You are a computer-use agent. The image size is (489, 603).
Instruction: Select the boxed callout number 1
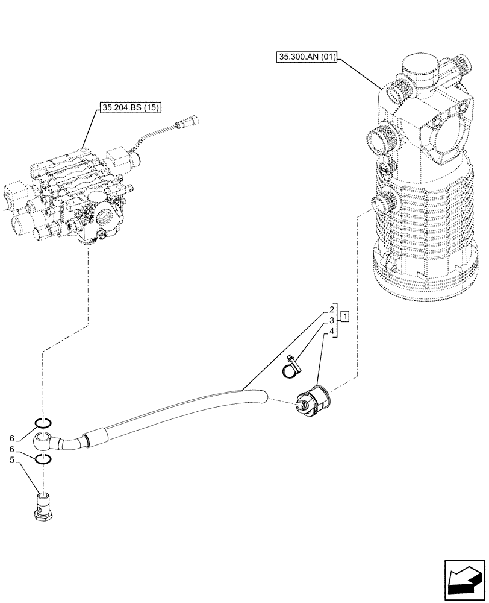(x=344, y=315)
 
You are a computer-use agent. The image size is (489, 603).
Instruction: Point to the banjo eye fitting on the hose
(x=45, y=441)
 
